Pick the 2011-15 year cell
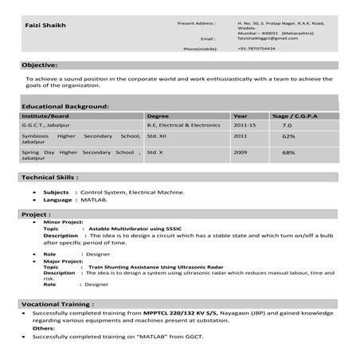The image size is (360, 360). (x=245, y=125)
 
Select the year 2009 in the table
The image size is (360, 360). (x=240, y=152)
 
